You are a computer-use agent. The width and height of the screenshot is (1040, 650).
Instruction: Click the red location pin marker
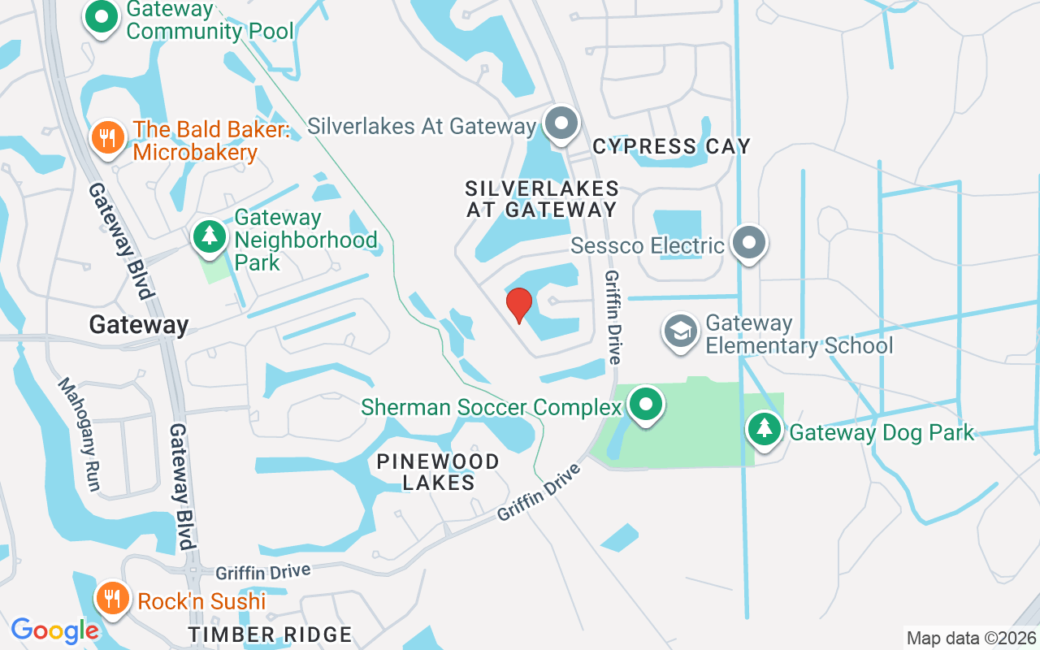518,305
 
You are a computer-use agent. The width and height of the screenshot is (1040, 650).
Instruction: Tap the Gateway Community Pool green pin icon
101,16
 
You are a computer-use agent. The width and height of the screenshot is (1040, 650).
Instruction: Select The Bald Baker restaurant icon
107,136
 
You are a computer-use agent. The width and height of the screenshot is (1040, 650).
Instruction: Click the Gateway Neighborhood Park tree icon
210,236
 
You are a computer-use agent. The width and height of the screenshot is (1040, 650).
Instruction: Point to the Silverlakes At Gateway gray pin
561,124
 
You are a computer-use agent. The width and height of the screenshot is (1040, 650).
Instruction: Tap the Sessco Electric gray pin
748,243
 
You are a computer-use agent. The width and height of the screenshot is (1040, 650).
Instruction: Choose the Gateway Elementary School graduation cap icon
681,331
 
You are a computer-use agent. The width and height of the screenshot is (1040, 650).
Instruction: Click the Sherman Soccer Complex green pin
646,404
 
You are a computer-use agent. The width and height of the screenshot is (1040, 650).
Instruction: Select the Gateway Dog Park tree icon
764,429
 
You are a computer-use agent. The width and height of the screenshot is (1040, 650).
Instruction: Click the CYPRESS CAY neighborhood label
671,146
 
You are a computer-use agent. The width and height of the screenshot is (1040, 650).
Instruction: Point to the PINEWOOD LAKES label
438,472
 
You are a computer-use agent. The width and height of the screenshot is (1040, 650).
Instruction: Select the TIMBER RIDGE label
271,635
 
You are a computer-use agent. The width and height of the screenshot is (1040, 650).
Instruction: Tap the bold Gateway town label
139,325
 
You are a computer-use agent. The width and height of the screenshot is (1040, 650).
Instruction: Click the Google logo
54,630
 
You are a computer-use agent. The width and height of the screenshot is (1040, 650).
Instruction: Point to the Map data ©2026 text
970,638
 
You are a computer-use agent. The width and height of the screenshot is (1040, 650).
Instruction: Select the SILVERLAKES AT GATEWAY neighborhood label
542,199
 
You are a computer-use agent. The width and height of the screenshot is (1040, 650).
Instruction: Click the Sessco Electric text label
648,245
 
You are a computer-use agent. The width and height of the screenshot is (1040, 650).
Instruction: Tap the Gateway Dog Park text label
882,432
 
